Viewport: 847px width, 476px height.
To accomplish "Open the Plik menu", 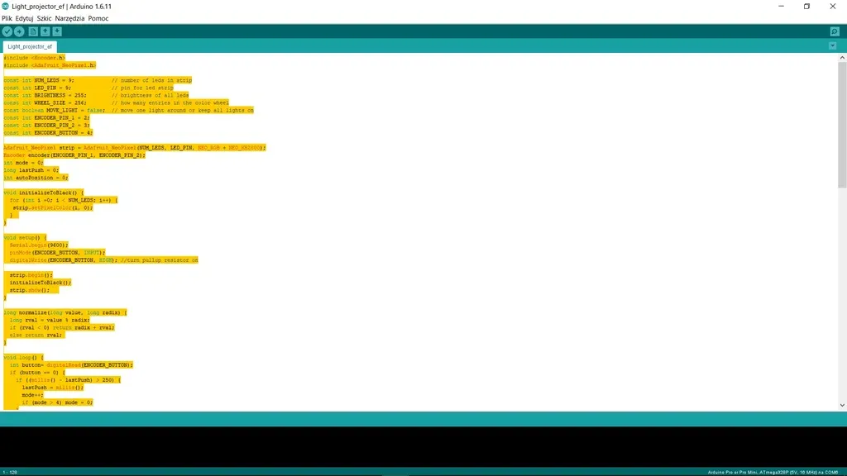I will coord(7,18).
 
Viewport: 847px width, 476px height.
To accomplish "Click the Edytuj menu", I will coord(24,18).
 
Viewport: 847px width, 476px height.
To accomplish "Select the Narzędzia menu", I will coord(69,18).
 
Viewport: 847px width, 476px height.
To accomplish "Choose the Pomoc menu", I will coord(98,18).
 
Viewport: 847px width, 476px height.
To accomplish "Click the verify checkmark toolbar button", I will coord(7,31).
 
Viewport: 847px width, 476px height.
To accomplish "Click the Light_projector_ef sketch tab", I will coord(30,46).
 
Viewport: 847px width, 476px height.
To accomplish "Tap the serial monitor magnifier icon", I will coord(835,31).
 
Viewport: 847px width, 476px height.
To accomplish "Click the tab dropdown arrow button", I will coord(833,46).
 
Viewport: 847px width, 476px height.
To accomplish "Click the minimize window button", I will coord(782,6).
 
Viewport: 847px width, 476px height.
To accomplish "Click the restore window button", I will coord(807,6).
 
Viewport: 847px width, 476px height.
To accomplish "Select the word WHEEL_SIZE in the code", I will coord(50,102).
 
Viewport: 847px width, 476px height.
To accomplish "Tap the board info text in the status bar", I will coord(761,472).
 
